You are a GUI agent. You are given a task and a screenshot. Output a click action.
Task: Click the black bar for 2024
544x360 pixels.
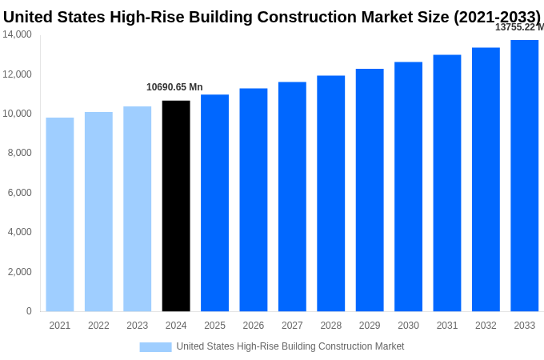pyautogui.click(x=176, y=206)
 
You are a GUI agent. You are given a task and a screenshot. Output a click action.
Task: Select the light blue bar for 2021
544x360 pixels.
pyautogui.click(x=60, y=214)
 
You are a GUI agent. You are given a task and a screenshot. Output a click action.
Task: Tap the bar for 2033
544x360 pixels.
pyautogui.click(x=525, y=175)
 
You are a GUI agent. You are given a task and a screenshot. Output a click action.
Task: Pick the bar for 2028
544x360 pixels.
pyautogui.click(x=331, y=193)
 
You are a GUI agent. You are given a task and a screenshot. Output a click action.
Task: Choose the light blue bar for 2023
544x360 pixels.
pyautogui.click(x=138, y=209)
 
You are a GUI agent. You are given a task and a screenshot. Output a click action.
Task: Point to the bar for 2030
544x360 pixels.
pyautogui.click(x=408, y=186)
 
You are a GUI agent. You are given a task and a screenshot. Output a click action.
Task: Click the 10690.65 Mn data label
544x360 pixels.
pyautogui.click(x=174, y=87)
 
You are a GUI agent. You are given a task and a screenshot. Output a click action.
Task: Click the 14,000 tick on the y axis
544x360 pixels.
pyautogui.click(x=18, y=34)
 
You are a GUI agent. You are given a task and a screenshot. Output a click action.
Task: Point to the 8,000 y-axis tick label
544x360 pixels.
pyautogui.click(x=20, y=153)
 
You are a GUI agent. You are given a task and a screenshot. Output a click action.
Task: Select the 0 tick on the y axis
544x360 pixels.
pyautogui.click(x=29, y=311)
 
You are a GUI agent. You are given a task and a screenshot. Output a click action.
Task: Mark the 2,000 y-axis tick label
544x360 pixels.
pyautogui.click(x=20, y=272)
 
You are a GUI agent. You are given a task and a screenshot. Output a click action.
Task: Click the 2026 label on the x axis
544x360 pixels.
pyautogui.click(x=254, y=326)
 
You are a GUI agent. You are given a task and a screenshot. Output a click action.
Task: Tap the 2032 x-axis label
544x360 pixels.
pyautogui.click(x=486, y=326)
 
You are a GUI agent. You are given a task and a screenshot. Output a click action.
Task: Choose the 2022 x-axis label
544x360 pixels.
pyautogui.click(x=98, y=326)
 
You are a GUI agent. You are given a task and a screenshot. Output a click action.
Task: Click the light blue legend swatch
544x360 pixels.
pyautogui.click(x=155, y=346)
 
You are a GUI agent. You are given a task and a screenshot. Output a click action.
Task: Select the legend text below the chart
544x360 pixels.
pyautogui.click(x=290, y=346)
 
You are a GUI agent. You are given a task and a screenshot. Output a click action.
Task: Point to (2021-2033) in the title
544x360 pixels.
pyautogui.click(x=497, y=17)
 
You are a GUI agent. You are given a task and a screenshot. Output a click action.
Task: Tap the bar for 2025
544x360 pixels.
pyautogui.click(x=214, y=202)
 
